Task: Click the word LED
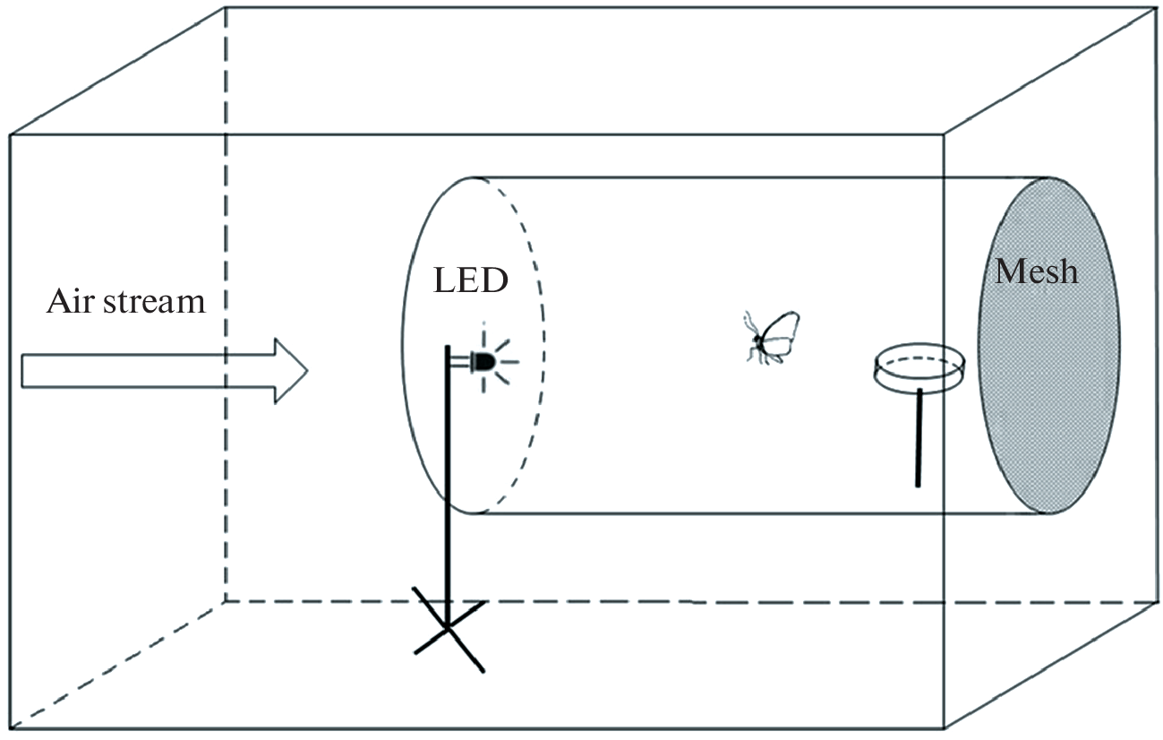471,280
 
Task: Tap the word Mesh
1036,270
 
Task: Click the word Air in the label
68,300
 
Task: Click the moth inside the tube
771,337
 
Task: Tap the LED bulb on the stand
483,361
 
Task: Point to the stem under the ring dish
918,439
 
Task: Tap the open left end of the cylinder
472,345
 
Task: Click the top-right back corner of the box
1156,9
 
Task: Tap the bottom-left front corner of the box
10,729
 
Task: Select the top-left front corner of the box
10,135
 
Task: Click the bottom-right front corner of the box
945,729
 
